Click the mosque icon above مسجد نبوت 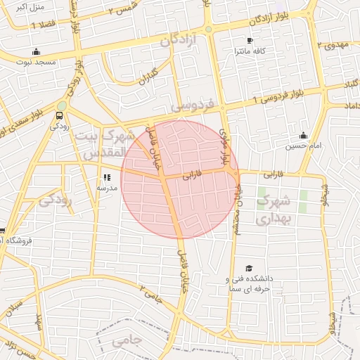(37, 51)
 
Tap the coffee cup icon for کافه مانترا (250, 40)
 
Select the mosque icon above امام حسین (303, 136)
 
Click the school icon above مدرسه (107, 178)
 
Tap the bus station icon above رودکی (60, 116)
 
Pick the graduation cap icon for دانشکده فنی (249, 268)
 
